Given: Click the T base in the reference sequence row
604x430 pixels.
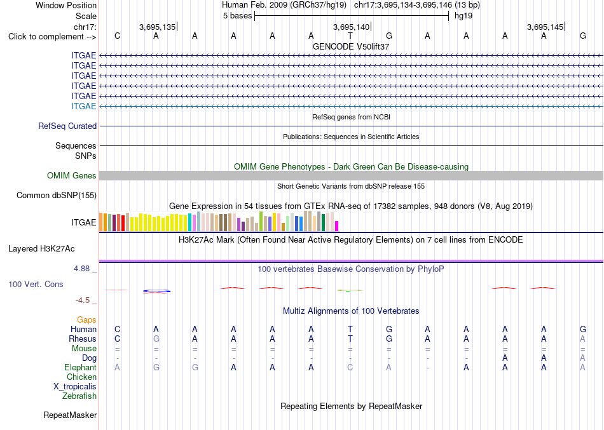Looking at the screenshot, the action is (x=350, y=36).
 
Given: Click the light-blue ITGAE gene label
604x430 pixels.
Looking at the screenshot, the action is (x=83, y=106).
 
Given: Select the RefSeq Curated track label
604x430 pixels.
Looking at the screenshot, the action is (x=67, y=126).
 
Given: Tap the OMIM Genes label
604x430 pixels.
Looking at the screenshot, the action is (x=72, y=175).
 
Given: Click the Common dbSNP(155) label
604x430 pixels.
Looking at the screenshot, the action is (x=57, y=196).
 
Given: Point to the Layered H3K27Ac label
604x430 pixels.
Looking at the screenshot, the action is (x=41, y=249).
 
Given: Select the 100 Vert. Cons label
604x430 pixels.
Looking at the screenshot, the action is (x=36, y=284).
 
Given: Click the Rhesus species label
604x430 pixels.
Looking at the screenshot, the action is (x=83, y=339).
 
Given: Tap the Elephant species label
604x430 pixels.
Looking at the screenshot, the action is (x=80, y=368).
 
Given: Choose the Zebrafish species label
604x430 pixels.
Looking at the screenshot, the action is (x=79, y=396).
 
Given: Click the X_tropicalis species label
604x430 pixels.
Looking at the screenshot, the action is (x=75, y=387).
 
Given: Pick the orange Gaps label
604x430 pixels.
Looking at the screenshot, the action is (x=86, y=320).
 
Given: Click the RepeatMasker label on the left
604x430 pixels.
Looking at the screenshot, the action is (x=70, y=415).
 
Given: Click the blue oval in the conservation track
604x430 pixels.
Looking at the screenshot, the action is (x=156, y=291).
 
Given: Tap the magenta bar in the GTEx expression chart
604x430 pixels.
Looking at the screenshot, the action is (x=337, y=226).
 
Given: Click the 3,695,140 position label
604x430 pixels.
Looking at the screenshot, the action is (x=352, y=27).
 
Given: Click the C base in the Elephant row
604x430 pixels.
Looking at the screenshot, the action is (x=350, y=368).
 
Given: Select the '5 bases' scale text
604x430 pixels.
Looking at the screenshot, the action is (x=237, y=16).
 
